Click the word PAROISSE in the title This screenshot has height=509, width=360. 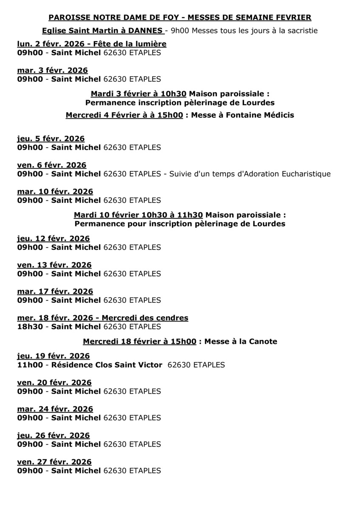coord(67,17)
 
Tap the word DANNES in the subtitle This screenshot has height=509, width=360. coord(147,31)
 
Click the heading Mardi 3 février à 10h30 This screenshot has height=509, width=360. coord(138,93)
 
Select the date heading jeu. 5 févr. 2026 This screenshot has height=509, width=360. coord(51,139)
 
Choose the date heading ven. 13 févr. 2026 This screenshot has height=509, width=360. coord(54,265)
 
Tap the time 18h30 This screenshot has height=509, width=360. coord(30,327)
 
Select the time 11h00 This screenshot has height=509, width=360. coord(30,365)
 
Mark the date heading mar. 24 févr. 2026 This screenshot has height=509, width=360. coord(55,409)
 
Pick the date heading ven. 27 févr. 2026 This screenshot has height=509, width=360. coord(54,462)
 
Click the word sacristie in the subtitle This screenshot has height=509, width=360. coord(302,31)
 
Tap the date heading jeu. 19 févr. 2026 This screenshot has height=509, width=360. coord(53,356)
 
